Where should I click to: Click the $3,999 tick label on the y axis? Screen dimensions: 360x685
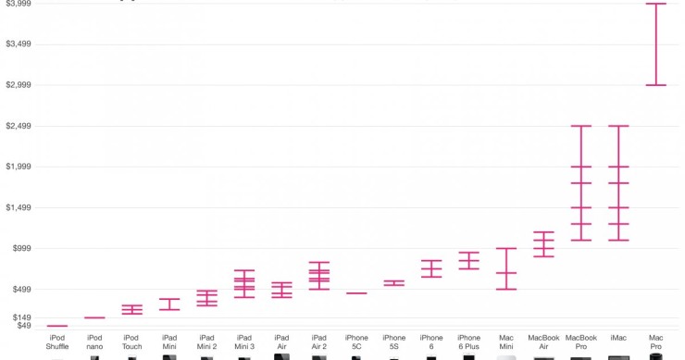click(x=19, y=4)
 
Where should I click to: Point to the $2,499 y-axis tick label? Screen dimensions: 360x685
click(x=19, y=126)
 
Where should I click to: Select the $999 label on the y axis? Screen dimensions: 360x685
click(x=20, y=248)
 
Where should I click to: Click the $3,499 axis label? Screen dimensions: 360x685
click(x=19, y=44)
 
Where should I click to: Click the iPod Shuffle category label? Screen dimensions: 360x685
click(x=57, y=342)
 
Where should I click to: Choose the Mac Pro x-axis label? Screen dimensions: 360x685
click(x=655, y=342)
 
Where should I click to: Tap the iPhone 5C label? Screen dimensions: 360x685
click(x=356, y=342)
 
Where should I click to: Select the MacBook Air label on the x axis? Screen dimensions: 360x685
click(x=543, y=342)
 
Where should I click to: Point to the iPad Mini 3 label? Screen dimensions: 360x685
click(x=244, y=342)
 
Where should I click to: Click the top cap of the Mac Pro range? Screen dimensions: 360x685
click(x=655, y=4)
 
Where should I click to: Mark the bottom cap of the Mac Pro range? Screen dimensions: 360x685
click(x=655, y=85)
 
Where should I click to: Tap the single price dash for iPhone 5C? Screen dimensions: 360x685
click(x=356, y=293)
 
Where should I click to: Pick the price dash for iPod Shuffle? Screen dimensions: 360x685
click(x=57, y=326)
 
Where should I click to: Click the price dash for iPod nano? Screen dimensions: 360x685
click(x=94, y=318)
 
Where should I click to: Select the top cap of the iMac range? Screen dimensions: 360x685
click(x=618, y=126)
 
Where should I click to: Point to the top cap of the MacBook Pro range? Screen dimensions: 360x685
click(x=580, y=126)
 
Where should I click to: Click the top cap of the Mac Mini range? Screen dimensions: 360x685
click(x=506, y=248)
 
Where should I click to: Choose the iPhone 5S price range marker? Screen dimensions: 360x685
click(x=393, y=283)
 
